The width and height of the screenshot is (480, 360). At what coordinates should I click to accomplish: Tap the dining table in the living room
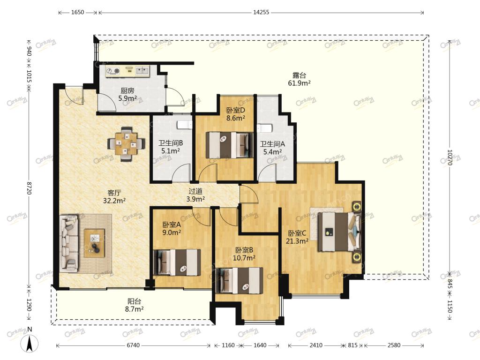tap(127, 143)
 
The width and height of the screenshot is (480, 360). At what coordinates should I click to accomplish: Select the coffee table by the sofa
tap(94, 243)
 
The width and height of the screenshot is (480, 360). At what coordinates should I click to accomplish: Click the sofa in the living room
tap(68, 243)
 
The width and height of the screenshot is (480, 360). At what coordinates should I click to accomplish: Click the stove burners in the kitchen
tap(112, 71)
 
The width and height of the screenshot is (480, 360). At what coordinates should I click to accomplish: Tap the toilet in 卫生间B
tap(184, 125)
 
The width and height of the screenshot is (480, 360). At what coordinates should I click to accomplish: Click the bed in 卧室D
tap(230, 145)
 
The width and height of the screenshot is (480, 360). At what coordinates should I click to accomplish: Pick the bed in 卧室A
tap(177, 262)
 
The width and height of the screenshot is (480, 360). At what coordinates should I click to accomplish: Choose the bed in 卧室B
tap(240, 281)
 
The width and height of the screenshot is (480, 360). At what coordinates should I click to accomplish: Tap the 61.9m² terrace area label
tap(299, 83)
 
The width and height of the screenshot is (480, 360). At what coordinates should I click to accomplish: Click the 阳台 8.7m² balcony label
tap(134, 305)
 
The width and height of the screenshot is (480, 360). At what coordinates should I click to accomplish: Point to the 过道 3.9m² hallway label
tap(195, 195)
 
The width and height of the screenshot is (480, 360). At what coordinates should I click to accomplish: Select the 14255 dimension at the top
tap(261, 12)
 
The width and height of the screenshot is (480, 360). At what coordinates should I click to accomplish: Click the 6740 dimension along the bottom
tap(133, 345)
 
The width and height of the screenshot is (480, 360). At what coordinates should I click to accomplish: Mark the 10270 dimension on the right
tap(450, 157)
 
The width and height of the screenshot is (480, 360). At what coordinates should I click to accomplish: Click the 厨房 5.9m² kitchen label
tap(127, 94)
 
